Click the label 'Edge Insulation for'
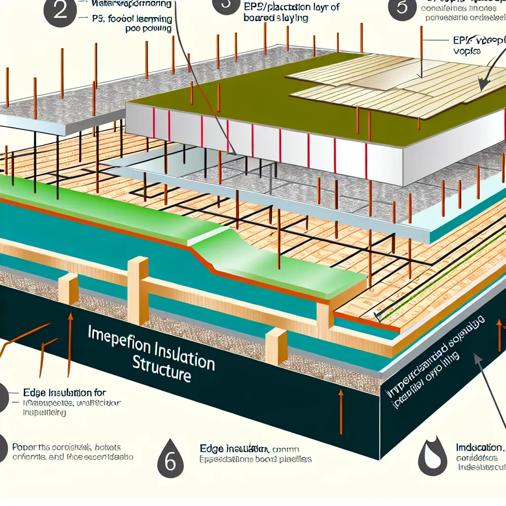point(64,393)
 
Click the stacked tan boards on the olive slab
point(395,86)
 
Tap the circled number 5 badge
point(403,9)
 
